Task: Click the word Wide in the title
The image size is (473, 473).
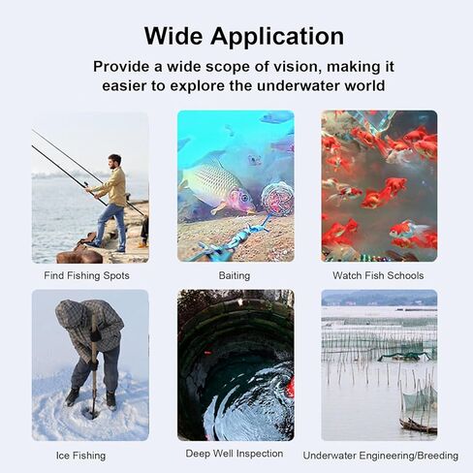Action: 173,35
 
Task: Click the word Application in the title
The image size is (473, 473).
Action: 277,37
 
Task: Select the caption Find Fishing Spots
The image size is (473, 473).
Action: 86,275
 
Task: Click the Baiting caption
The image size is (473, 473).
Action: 235,275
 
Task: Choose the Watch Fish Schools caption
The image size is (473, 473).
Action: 378,275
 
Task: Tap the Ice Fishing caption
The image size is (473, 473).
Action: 80,456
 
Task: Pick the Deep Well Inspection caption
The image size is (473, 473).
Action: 235,454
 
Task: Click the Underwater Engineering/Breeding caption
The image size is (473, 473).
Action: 381,456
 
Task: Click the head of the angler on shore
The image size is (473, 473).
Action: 114,161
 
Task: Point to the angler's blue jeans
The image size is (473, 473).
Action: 111,225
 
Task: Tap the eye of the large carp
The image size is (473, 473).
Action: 244,198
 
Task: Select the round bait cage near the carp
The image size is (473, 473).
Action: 277,199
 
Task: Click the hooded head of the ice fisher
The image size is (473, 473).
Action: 70,314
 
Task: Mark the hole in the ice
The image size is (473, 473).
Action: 90,414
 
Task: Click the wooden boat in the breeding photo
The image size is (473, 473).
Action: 418,426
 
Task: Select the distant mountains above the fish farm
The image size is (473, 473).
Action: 379,298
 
